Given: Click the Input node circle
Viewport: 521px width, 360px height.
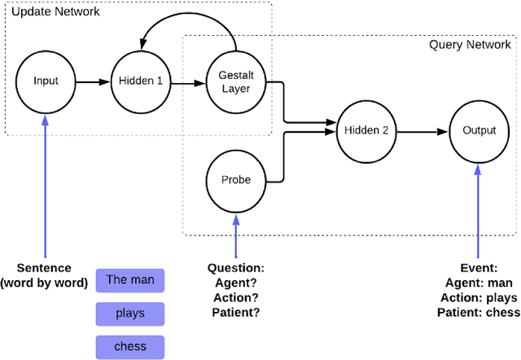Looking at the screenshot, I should pyautogui.click(x=46, y=81).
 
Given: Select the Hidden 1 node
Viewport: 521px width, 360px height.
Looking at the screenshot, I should pyautogui.click(x=142, y=81).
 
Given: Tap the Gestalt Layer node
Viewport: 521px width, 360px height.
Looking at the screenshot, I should pyautogui.click(x=236, y=81).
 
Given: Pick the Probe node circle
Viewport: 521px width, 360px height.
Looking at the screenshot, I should pyautogui.click(x=236, y=179).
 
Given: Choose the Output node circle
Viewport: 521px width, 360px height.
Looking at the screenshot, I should pyautogui.click(x=479, y=130).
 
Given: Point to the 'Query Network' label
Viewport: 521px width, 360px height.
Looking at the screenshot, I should pyautogui.click(x=471, y=44).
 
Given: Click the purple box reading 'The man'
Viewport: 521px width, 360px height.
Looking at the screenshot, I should pyautogui.click(x=130, y=280).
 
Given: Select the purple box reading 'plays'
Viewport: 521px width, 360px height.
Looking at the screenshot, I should pyautogui.click(x=130, y=314).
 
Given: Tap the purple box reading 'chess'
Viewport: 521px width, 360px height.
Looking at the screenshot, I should pyautogui.click(x=130, y=346).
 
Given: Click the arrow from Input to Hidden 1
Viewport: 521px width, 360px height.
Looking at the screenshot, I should pyautogui.click(x=93, y=81).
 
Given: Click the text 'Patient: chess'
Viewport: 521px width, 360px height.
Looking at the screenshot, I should pyautogui.click(x=478, y=312).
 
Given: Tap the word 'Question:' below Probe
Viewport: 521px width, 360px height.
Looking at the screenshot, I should pyautogui.click(x=236, y=268).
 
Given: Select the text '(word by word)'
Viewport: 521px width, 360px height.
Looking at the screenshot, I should pyautogui.click(x=45, y=283).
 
